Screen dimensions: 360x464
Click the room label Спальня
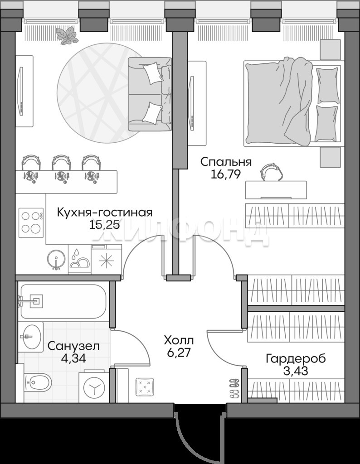(226, 162)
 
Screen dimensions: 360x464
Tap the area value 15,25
(104, 225)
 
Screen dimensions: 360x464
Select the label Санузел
(74, 346)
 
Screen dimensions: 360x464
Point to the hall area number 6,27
(179, 353)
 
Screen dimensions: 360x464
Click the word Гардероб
(296, 359)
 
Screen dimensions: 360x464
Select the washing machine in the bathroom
(94, 386)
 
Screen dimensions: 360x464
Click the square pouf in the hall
(145, 387)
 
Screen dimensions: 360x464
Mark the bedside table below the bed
(330, 157)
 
